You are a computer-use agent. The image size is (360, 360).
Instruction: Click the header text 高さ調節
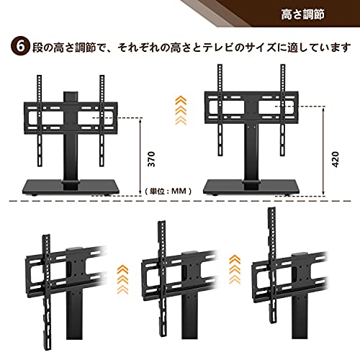pyautogui.click(x=303, y=14)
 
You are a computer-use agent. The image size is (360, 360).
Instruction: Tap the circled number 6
pyautogui.click(x=21, y=47)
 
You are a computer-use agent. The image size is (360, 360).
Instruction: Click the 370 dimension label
pyautogui.click(x=151, y=159)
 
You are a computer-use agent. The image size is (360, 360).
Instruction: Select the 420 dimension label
pyautogui.click(x=336, y=159)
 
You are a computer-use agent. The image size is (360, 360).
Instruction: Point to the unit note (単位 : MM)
pyautogui.click(x=168, y=191)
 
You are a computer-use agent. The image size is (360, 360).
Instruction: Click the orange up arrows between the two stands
pyautogui.click(x=181, y=110)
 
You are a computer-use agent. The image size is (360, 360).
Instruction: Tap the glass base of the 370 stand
pyautogui.click(x=71, y=186)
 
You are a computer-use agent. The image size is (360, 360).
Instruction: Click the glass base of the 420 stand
pyautogui.click(x=251, y=186)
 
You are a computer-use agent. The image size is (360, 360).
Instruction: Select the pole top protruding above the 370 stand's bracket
pyautogui.click(x=71, y=96)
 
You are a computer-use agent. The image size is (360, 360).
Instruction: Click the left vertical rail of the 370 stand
pyautogui.click(x=40, y=121)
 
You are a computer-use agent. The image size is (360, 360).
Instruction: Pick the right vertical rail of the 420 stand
pyautogui.click(x=283, y=110)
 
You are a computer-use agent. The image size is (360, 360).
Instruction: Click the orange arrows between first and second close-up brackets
pyautogui.click(x=122, y=280)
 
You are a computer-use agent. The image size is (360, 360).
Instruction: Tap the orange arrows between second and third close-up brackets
pyautogui.click(x=235, y=269)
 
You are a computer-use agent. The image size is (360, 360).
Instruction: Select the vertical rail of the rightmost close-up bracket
pyautogui.click(x=272, y=265)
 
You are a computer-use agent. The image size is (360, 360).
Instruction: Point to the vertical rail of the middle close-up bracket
pyautogui.click(x=161, y=279)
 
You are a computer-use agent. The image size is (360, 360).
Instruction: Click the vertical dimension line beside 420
pyautogui.click(x=323, y=150)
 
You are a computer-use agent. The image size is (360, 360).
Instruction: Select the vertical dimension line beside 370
pyautogui.click(x=140, y=156)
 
